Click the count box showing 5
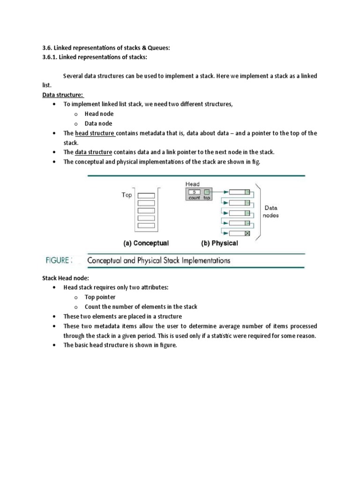pyautogui.click(x=194, y=192)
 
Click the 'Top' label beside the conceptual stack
pyautogui.click(x=127, y=195)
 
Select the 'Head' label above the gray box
pyautogui.click(x=193, y=184)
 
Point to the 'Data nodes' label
pyautogui.click(x=271, y=211)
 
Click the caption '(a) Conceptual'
pyautogui.click(x=146, y=243)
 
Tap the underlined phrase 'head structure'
pyautogui.click(x=95, y=134)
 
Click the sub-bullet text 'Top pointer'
pyautogui.click(x=100, y=297)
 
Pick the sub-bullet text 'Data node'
pyautogui.click(x=98, y=124)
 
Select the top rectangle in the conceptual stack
pyautogui.click(x=147, y=196)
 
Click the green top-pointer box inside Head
pyautogui.click(x=206, y=192)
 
